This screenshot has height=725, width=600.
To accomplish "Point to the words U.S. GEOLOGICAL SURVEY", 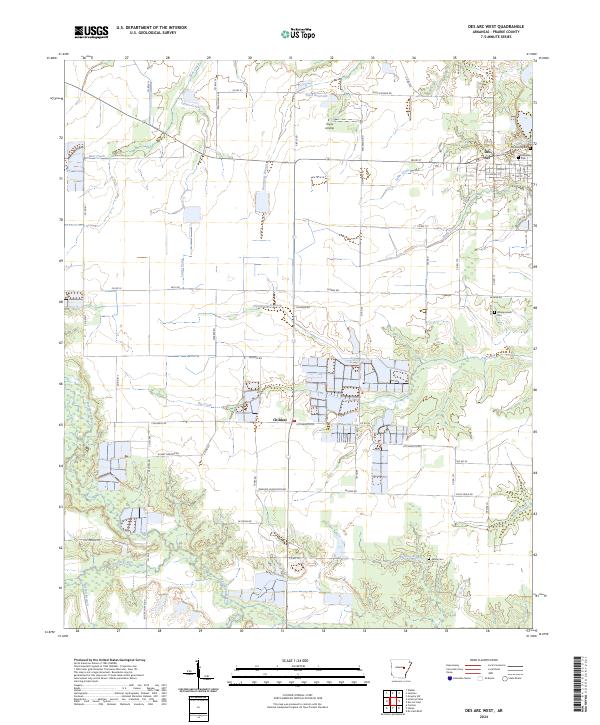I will point(142,34).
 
